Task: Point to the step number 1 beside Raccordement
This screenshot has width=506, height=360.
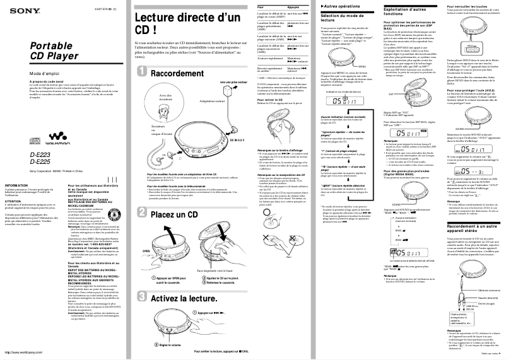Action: (143, 74)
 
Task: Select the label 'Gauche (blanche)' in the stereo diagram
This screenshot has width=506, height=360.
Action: (471, 296)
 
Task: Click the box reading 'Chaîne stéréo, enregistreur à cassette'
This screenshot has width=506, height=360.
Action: (431, 320)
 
